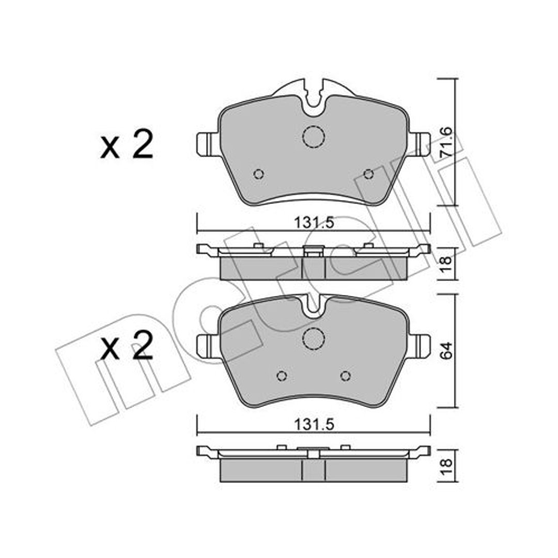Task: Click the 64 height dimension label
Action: click(446, 350)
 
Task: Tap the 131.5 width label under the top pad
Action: click(314, 223)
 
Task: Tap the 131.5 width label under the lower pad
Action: click(314, 424)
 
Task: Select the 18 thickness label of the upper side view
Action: click(446, 263)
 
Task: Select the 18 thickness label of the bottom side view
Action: click(446, 466)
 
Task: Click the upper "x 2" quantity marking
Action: click(127, 145)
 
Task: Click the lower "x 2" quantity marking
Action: click(127, 346)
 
